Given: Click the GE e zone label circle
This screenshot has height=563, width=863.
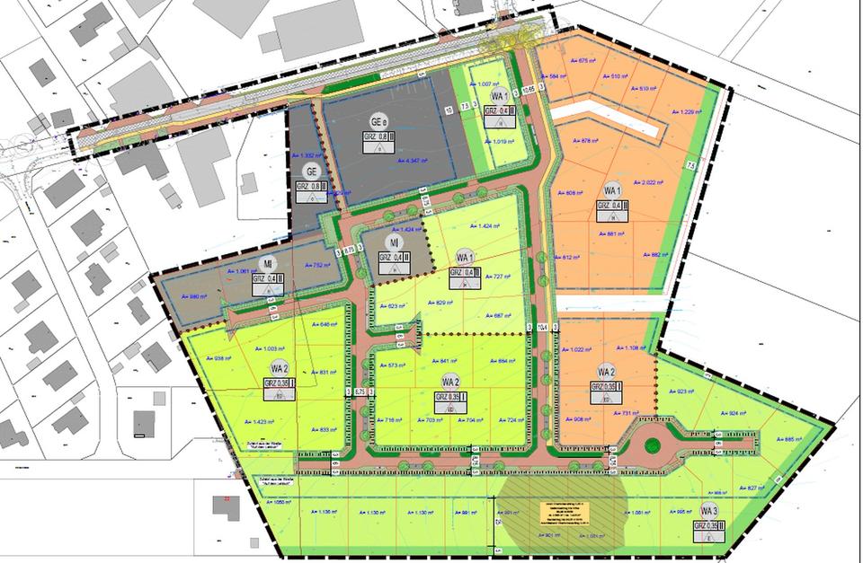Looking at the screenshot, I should coord(378,121).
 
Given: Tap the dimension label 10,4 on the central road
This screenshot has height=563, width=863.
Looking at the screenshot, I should coord(543,329).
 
